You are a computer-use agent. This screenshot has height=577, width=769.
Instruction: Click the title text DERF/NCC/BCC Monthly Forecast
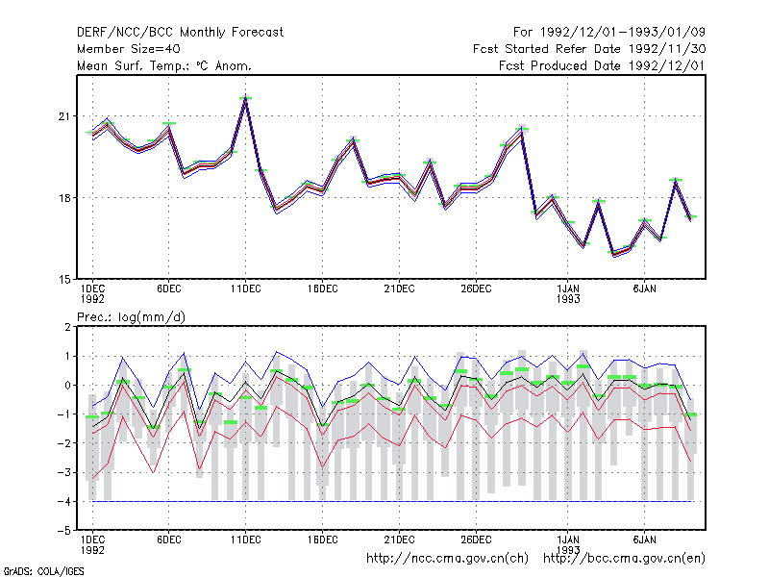click(180, 33)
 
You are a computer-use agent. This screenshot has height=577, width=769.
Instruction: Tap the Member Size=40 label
click(129, 49)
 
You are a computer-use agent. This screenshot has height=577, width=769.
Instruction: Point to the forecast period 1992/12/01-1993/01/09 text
click(609, 33)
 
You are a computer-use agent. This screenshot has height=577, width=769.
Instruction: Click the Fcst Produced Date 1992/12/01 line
click(602, 65)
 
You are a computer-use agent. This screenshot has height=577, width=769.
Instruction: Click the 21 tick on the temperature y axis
click(64, 116)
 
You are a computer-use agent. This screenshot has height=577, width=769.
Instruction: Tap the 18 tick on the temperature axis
click(64, 198)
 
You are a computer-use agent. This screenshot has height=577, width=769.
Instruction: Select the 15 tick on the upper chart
click(64, 280)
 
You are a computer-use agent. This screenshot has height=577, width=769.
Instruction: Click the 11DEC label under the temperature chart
click(246, 289)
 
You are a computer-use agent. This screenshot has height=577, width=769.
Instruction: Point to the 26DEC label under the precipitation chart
click(476, 539)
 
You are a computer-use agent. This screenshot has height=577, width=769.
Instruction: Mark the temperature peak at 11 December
click(246, 98)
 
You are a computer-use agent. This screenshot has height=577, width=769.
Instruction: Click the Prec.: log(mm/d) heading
click(131, 317)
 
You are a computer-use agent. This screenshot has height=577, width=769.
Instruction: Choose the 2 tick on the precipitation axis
click(67, 327)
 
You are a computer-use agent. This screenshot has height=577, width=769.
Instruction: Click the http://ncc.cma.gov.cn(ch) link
click(447, 559)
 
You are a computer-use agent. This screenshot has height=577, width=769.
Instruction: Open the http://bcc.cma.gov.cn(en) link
click(624, 559)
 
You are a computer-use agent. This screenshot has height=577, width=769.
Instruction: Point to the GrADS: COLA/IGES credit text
click(43, 571)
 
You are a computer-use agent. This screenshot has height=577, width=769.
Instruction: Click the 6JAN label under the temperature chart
click(644, 289)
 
